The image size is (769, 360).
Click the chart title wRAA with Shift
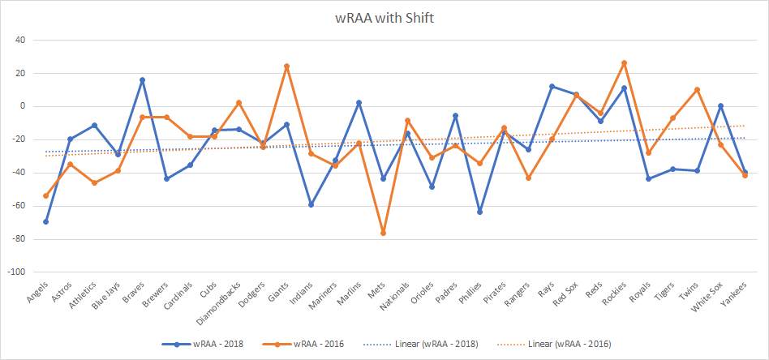coord(384,18)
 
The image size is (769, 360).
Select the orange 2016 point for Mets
coord(383,234)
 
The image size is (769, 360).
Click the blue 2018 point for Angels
coord(46,221)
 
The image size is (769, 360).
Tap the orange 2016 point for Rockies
coord(624,62)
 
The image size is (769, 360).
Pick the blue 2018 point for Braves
coord(142,79)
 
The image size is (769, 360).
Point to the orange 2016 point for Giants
coord(286,66)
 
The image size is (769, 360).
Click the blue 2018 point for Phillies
coord(479,212)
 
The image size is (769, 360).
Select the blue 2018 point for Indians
coord(311,204)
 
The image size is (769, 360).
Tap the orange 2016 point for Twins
coord(697,89)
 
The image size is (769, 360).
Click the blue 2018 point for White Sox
coord(720,105)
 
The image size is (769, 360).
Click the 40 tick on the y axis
coord(19,40)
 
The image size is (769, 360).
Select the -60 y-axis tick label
coord(18,206)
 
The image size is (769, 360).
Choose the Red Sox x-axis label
coord(565,297)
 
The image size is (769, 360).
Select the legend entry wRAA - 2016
coord(312,344)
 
